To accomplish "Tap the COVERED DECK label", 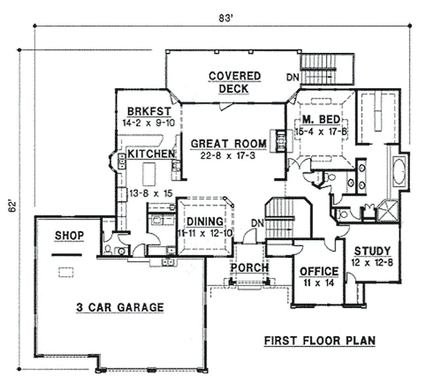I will click(235, 82).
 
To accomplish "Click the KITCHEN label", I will click(151, 154).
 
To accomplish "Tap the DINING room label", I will click(205, 222).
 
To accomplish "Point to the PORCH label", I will click(249, 268).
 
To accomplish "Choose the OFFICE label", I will click(318, 271).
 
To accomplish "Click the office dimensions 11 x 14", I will click(318, 283).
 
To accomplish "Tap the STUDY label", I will click(372, 251).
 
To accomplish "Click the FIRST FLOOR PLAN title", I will click(319, 341).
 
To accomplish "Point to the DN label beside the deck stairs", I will click(293, 78).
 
